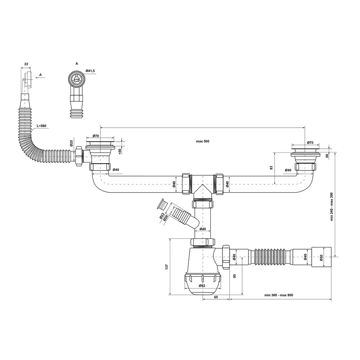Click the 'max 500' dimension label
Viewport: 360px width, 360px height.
point(202,141)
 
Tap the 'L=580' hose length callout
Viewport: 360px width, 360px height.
point(41,126)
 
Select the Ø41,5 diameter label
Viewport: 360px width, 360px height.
point(90,71)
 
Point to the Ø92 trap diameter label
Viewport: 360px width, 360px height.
point(202,286)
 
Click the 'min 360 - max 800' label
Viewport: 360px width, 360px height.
point(278,295)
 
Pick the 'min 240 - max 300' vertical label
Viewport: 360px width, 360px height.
point(332,207)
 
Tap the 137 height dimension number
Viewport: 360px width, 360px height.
point(167,266)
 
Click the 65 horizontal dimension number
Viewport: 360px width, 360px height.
point(216,297)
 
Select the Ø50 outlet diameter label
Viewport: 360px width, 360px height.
point(322,257)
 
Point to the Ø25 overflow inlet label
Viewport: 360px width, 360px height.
point(72,143)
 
